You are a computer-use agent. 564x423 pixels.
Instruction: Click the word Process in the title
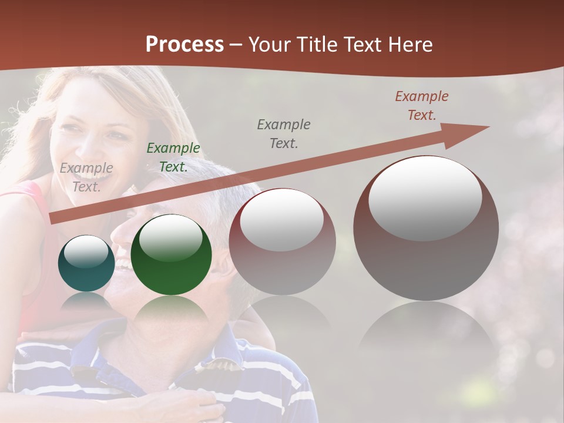point(184,45)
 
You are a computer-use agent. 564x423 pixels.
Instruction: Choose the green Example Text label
point(173,157)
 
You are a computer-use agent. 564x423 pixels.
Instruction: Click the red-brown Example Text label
point(422,106)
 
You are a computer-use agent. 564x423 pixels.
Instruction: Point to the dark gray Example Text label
point(284,134)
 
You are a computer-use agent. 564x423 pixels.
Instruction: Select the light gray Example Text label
point(86,177)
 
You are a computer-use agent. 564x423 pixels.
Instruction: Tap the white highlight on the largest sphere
point(425,197)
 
